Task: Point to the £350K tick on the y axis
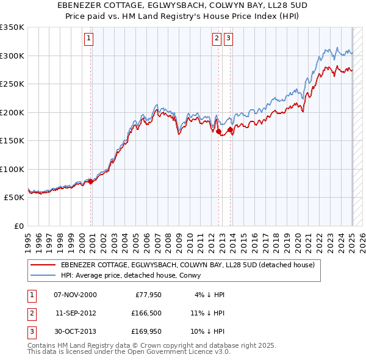pyautogui.click(x=12, y=27)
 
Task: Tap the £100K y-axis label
pyautogui.click(x=12, y=169)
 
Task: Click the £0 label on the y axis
pyautogui.click(x=19, y=226)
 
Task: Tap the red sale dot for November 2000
pyautogui.click(x=91, y=181)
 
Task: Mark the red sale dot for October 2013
pyautogui.click(x=231, y=129)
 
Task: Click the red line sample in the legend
pyautogui.click(x=43, y=265)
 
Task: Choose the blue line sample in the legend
pyautogui.click(x=43, y=275)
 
